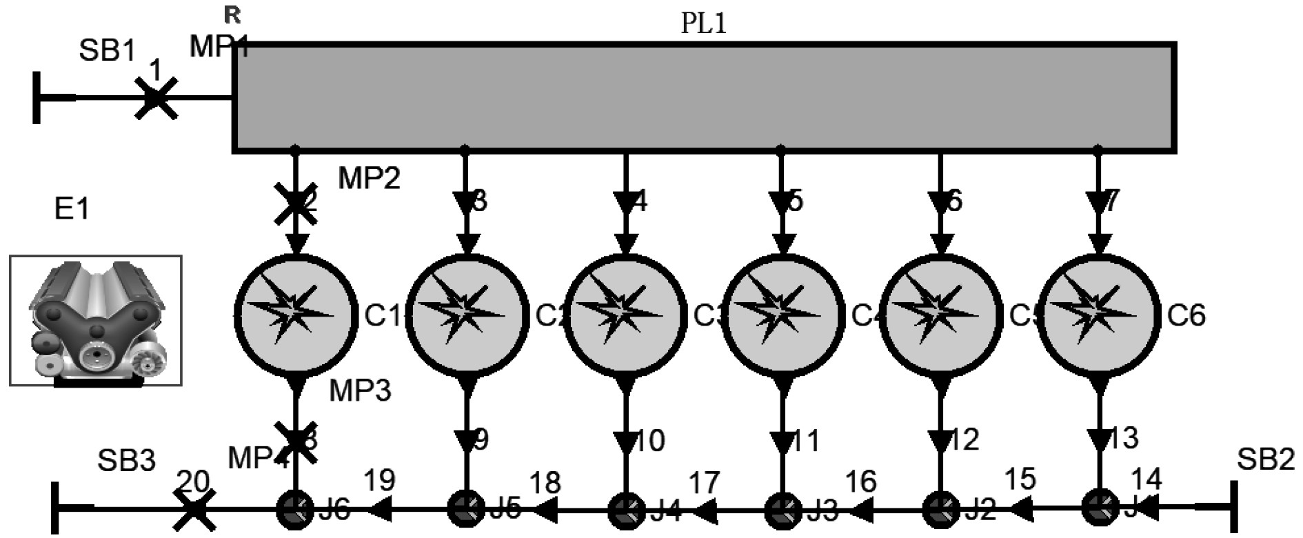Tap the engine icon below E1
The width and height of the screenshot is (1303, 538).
coord(96,321)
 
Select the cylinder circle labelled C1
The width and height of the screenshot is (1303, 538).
coord(296,314)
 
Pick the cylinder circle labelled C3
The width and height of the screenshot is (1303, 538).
coord(626,314)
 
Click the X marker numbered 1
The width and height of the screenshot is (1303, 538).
coord(156,98)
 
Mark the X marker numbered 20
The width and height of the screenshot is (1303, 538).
coord(194,510)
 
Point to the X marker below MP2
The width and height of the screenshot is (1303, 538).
coord(296,204)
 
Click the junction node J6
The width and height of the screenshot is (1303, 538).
coord(295,510)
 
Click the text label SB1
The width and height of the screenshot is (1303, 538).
coord(108,50)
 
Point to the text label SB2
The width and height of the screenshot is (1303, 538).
coord(1266,459)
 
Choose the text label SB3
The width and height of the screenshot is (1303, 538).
coord(126,461)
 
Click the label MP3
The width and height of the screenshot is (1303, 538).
coord(360,390)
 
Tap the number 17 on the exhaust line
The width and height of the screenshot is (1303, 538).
coord(704,483)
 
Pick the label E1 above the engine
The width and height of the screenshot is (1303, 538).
coord(72,208)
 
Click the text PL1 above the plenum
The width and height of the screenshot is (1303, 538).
coord(704,23)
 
